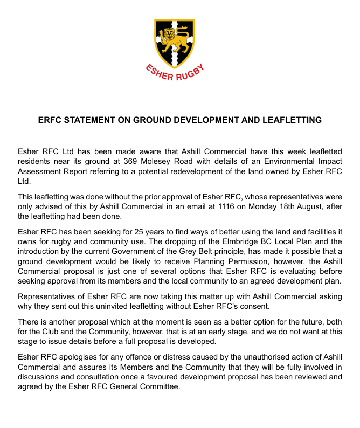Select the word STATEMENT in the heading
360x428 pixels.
click(x=92, y=120)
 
